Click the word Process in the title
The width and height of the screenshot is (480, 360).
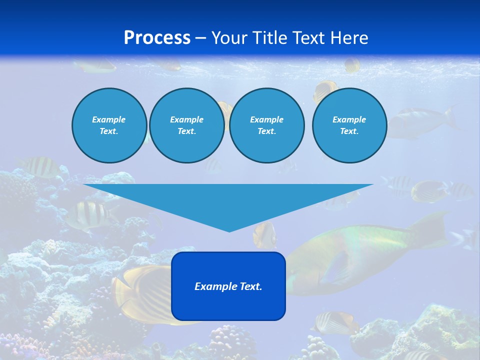tap(157, 38)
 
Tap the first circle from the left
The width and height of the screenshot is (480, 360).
tap(109, 125)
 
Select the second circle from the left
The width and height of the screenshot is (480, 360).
tap(187, 125)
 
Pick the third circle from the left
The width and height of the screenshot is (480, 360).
tap(267, 125)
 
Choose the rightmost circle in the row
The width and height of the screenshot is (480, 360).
tap(349, 125)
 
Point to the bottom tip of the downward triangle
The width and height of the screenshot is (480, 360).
tap(229, 231)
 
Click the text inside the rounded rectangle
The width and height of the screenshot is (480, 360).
tap(228, 286)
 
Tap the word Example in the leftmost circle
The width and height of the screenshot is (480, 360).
tap(109, 119)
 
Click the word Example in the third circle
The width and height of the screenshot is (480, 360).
tap(266, 119)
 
